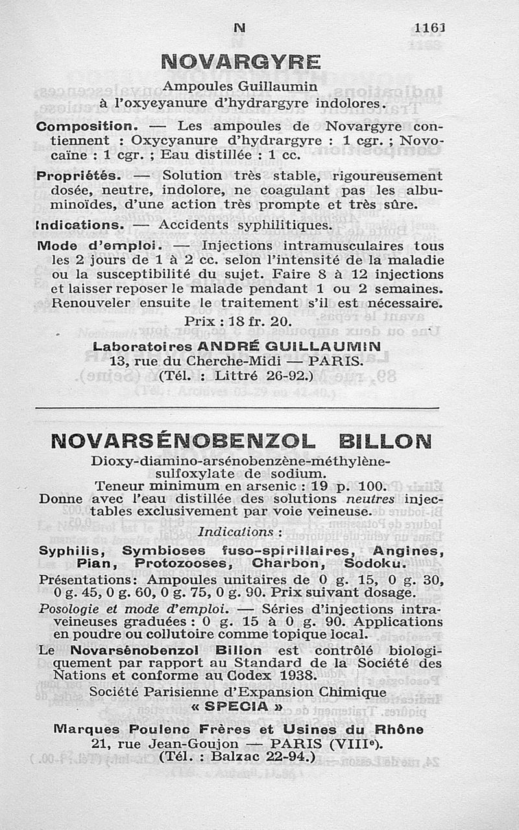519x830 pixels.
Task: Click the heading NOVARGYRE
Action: click(x=240, y=62)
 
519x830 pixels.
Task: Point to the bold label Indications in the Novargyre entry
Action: click(x=80, y=225)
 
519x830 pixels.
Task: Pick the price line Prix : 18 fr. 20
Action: click(x=239, y=321)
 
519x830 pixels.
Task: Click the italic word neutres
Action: click(x=373, y=499)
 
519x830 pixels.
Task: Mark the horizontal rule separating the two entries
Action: click(x=237, y=408)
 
